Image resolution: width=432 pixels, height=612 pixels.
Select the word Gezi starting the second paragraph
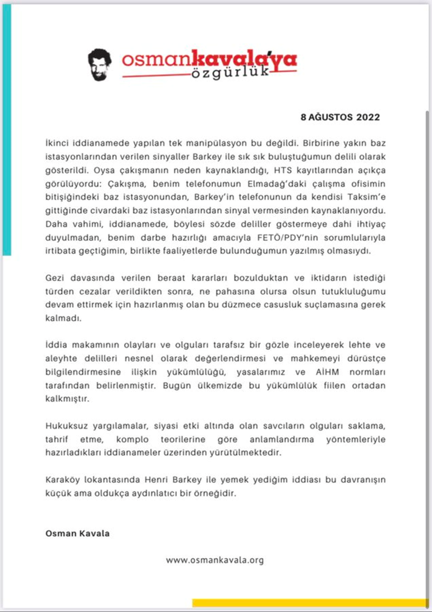coord(54,278)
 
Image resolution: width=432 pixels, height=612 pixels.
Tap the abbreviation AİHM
coord(325,372)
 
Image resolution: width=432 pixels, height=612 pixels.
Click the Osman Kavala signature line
coord(77,533)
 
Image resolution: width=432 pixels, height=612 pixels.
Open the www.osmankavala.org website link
coord(215,560)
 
